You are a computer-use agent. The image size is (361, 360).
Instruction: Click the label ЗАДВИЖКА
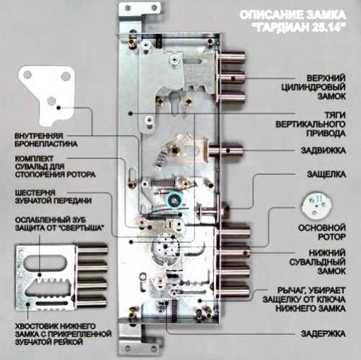323,150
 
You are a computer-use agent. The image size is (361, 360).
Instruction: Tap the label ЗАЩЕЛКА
326,174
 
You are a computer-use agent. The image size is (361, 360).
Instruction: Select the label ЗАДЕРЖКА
323,334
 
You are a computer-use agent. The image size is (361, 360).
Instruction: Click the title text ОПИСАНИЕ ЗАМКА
292,15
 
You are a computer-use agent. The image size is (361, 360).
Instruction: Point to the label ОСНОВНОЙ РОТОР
322,232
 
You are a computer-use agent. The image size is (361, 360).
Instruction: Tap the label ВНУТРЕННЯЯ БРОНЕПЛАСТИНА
46,140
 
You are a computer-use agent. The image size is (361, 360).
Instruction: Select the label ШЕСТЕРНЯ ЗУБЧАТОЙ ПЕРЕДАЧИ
53,197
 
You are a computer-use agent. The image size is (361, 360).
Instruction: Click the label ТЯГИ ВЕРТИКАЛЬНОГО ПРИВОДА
310,124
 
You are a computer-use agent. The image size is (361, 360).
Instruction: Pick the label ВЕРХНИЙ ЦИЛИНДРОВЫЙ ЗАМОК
313,87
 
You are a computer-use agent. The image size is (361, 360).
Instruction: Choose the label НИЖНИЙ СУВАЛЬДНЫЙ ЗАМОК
318,262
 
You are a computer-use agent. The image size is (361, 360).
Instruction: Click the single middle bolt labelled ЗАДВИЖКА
226,150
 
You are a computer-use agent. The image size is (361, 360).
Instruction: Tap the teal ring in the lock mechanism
174,200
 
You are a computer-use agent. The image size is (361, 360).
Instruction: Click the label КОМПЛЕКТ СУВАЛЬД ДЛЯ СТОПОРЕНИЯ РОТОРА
55,166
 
